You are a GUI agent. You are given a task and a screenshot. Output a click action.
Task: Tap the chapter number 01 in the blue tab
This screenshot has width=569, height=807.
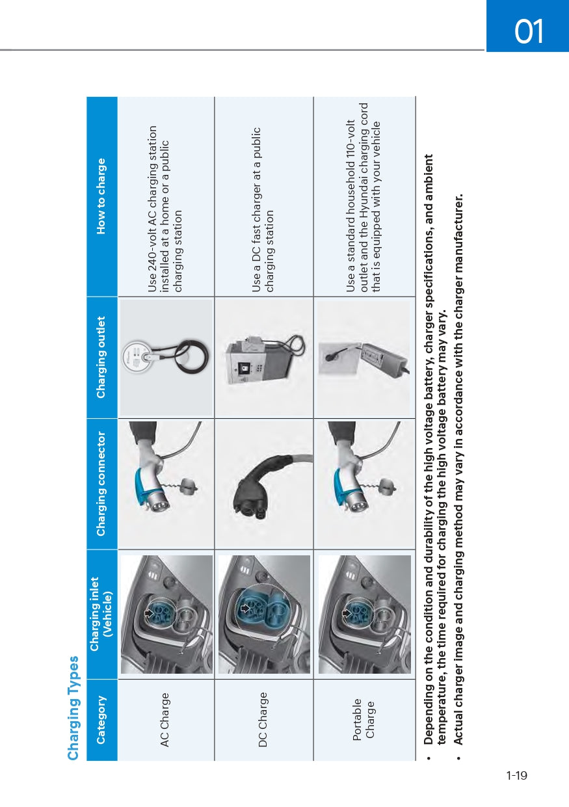pyautogui.click(x=528, y=32)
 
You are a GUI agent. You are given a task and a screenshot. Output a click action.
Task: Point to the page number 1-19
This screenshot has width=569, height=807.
pyautogui.click(x=517, y=775)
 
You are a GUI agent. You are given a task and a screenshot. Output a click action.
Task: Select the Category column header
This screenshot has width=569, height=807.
pyautogui.click(x=101, y=719)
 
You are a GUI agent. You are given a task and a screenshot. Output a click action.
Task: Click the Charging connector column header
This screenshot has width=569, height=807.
pyautogui.click(x=101, y=483)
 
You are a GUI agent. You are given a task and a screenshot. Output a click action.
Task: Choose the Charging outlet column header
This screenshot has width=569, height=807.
pyautogui.click(x=101, y=357)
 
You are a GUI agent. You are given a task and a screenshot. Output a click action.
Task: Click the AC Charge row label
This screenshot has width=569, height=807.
pyautogui.click(x=165, y=719)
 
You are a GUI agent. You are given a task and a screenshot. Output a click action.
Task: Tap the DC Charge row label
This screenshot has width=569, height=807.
pyautogui.click(x=263, y=719)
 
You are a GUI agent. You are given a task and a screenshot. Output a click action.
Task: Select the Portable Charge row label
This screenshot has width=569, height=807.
pyautogui.click(x=364, y=719)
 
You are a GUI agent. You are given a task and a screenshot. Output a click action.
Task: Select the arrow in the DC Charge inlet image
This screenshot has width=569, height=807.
pyautogui.click(x=246, y=609)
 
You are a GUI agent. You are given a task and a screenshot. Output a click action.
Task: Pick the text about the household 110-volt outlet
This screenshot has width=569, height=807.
pyautogui.click(x=364, y=197)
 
